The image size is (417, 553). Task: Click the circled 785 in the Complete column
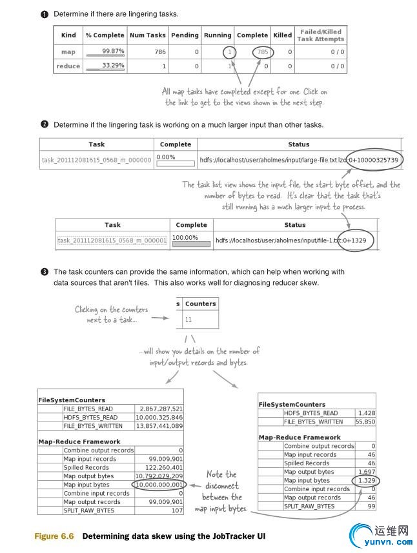pyautogui.click(x=261, y=52)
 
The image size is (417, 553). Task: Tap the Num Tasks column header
pyautogui.click(x=147, y=35)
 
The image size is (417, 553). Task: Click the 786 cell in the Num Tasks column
pyautogui.click(x=157, y=52)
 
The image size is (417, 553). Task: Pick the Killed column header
pyautogui.click(x=282, y=35)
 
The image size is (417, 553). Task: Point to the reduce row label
pyautogui.click(x=68, y=66)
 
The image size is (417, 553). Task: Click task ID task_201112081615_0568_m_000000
pyautogui.click(x=96, y=159)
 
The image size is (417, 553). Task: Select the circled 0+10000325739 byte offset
pyautogui.click(x=374, y=159)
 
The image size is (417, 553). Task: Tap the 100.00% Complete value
pyautogui.click(x=188, y=237)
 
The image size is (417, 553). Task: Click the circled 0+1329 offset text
pyautogui.click(x=356, y=240)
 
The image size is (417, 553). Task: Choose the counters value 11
pyautogui.click(x=188, y=319)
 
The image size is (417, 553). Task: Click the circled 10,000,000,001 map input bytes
pyautogui.click(x=158, y=484)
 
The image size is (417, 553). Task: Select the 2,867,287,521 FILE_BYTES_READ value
pyautogui.click(x=160, y=409)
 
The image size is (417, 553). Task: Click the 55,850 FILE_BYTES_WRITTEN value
pyautogui.click(x=366, y=422)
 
